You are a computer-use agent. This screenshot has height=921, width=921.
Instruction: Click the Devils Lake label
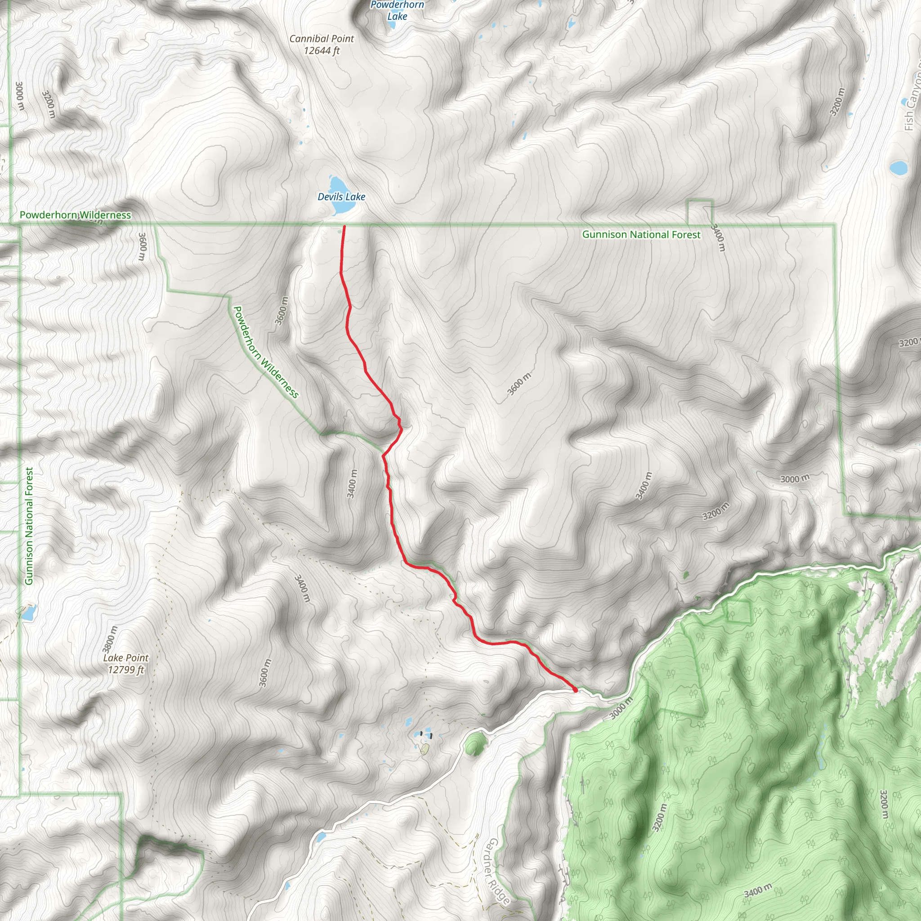click(x=341, y=197)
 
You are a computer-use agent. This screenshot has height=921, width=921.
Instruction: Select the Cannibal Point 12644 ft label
click(x=322, y=45)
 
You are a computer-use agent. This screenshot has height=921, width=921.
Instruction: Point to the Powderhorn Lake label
click(x=397, y=10)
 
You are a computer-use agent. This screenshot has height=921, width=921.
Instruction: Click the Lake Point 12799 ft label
click(x=126, y=664)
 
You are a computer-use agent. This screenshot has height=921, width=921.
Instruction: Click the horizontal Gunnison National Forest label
click(x=641, y=235)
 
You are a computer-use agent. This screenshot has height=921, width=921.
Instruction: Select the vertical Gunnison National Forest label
click(x=30, y=526)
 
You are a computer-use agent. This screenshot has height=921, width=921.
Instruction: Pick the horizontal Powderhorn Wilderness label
click(x=75, y=215)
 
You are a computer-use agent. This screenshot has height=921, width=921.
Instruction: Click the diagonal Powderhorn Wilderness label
click(x=265, y=352)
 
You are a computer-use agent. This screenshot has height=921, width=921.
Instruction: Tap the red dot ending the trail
click(x=575, y=690)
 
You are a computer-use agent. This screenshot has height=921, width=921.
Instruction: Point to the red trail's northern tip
click(x=344, y=227)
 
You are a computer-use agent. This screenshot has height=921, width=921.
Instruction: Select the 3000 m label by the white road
click(x=621, y=707)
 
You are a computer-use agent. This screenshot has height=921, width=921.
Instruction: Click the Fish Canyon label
click(x=912, y=100)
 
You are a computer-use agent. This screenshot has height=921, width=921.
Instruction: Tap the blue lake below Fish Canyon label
click(x=898, y=168)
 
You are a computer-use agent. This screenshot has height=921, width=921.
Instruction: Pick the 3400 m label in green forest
click(x=757, y=890)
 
